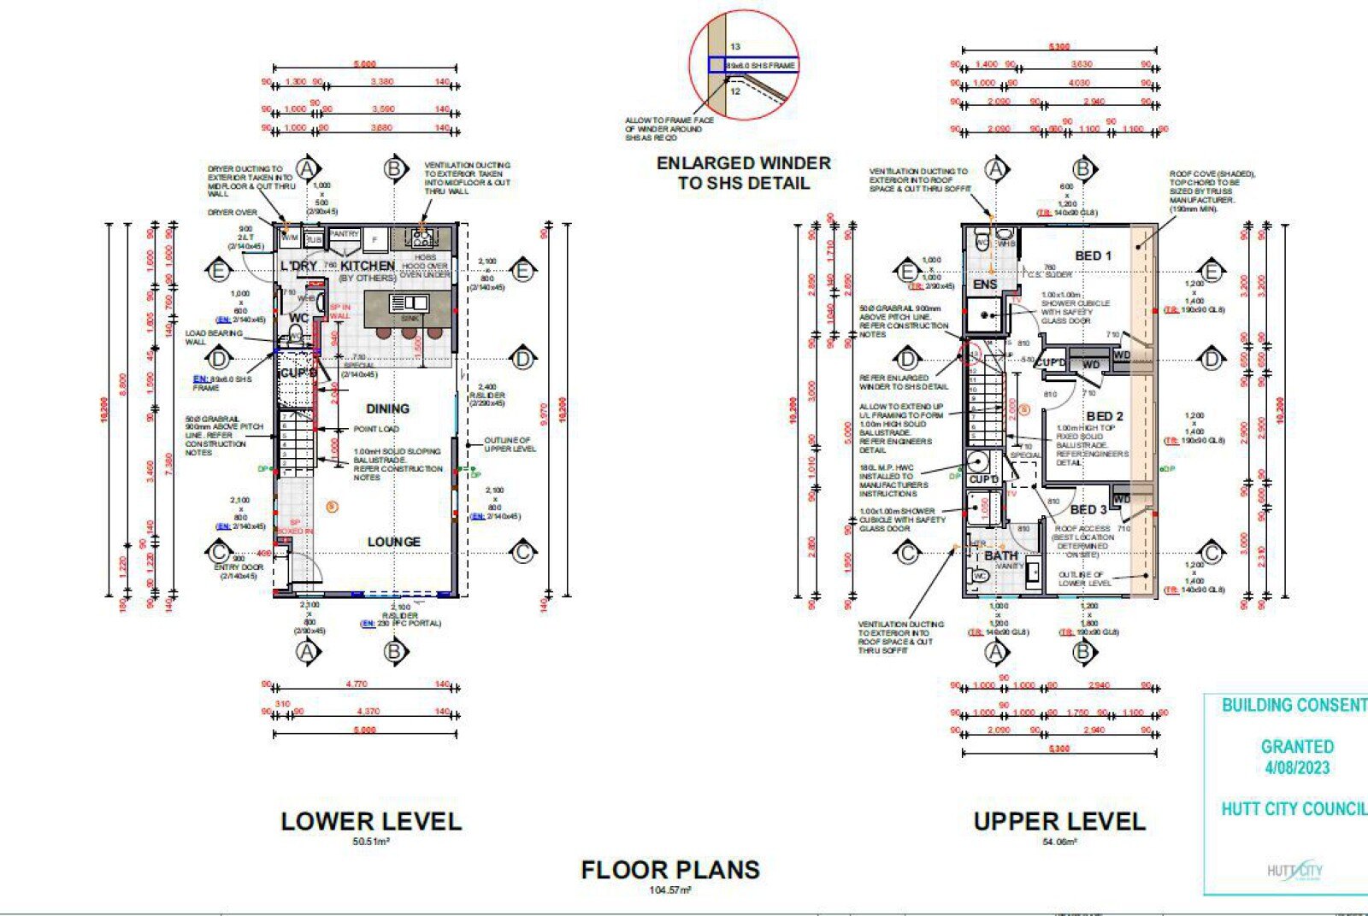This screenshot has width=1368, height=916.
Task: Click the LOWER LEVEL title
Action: point(371,821)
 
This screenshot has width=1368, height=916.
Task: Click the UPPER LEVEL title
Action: point(1059,821)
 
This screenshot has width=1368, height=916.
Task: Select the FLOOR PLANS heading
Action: point(670,870)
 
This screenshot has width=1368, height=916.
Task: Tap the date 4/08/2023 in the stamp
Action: point(1297,767)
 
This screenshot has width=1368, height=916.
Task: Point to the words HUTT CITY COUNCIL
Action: point(1294,808)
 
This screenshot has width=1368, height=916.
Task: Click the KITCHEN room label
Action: point(368,266)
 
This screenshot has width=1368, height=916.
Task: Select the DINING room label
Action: point(387,408)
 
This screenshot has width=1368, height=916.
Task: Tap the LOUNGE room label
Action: point(393,542)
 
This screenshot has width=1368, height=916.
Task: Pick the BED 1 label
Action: point(1094,255)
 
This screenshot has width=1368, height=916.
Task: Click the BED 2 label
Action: point(1105,416)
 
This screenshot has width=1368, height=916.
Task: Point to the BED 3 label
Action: point(1088,509)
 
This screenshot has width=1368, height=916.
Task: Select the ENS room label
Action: point(985,284)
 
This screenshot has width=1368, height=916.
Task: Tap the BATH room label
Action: point(1000,555)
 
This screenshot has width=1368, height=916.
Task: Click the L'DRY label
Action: point(298,266)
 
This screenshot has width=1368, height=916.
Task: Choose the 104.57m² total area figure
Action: point(670,890)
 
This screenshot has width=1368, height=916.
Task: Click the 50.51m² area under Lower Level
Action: point(371,842)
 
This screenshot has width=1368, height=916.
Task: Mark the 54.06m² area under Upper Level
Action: point(1059,842)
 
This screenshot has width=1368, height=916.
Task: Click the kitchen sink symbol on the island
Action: point(409,303)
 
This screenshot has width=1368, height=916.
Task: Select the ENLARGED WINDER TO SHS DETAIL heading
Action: point(743,173)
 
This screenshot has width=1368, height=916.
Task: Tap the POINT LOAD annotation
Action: point(376,429)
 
